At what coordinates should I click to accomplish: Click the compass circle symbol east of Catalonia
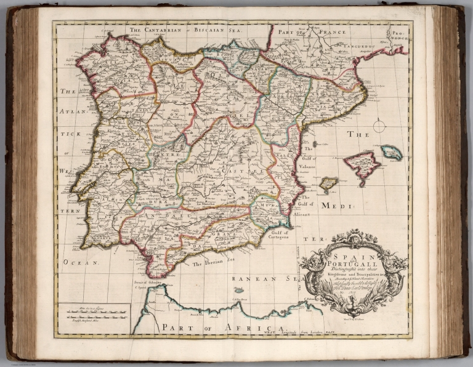point(379,126)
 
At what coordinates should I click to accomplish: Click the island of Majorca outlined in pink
point(362,165)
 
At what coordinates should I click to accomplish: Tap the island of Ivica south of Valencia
point(328,183)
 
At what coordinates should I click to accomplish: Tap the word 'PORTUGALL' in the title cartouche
point(352,262)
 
